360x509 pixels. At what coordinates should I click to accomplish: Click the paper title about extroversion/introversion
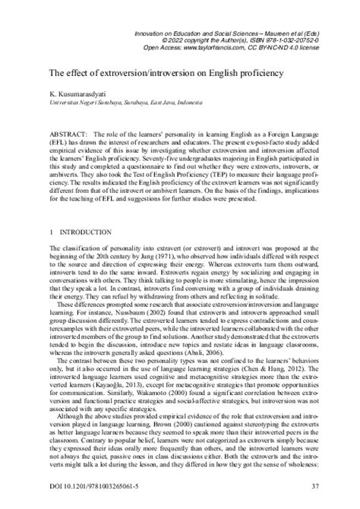[x=166, y=73]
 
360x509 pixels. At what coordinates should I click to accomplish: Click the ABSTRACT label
[x=70, y=134]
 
